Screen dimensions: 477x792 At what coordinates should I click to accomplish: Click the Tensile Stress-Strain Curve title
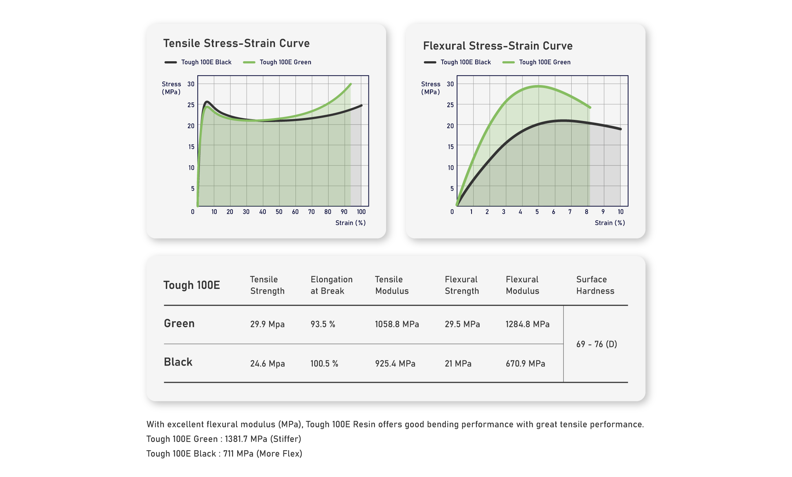[x=236, y=43]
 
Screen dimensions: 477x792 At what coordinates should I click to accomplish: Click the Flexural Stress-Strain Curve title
[x=498, y=46]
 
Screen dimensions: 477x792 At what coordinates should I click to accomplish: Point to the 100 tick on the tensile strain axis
[x=361, y=212]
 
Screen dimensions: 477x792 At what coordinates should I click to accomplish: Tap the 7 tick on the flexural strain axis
[x=570, y=212]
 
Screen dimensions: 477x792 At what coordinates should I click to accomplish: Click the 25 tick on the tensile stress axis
[x=191, y=105]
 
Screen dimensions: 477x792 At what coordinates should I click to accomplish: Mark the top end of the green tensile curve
[x=351, y=84]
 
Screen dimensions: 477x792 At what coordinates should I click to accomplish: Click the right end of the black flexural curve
[x=620, y=129]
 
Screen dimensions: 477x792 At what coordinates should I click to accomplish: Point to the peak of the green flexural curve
[x=538, y=86]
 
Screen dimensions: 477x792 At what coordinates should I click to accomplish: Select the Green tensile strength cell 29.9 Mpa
[x=267, y=324]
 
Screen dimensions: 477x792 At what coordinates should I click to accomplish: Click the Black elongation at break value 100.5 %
[x=324, y=364]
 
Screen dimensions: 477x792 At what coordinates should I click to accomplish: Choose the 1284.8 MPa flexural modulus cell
[x=527, y=324]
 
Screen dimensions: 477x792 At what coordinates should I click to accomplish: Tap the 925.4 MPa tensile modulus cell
[x=395, y=364]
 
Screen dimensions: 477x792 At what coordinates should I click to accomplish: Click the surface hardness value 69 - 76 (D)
[x=597, y=344]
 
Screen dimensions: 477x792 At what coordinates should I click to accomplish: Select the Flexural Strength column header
[x=462, y=285]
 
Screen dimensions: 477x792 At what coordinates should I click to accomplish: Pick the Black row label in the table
[x=178, y=362]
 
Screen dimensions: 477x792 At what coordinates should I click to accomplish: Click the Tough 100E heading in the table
[x=191, y=285]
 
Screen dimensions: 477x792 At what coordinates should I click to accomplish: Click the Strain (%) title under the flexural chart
[x=610, y=223]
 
